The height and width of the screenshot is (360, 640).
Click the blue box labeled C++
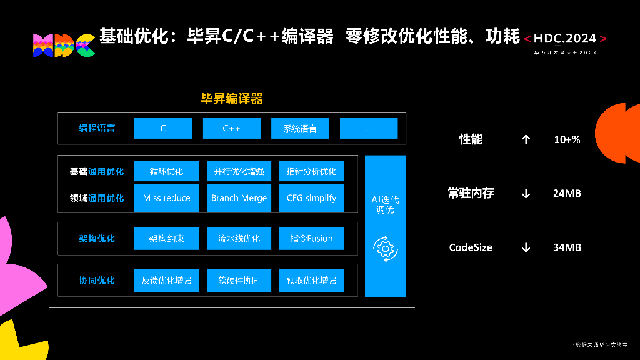pyautogui.click(x=232, y=128)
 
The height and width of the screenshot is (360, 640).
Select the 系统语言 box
pyautogui.click(x=300, y=128)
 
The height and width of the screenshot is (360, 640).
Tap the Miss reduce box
pyautogui.click(x=166, y=198)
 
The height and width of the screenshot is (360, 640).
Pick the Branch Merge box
pyautogui.click(x=239, y=198)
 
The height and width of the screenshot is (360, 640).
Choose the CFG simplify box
pyautogui.click(x=311, y=198)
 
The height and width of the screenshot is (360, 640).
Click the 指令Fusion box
pyautogui.click(x=311, y=238)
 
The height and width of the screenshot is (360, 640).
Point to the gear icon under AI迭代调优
pyautogui.click(x=385, y=249)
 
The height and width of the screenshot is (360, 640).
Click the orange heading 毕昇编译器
pyautogui.click(x=231, y=98)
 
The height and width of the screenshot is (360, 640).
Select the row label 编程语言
pyautogui.click(x=97, y=128)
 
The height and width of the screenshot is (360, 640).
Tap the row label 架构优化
pyautogui.click(x=97, y=238)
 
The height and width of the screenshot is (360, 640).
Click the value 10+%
pyautogui.click(x=567, y=139)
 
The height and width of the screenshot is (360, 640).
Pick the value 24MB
pyautogui.click(x=567, y=193)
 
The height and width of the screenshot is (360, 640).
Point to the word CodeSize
pyautogui.click(x=471, y=247)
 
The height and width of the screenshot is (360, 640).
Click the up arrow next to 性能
pyautogui.click(x=526, y=139)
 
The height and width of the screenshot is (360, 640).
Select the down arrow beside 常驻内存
pyautogui.click(x=526, y=193)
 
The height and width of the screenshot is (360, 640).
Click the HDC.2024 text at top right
pyautogui.click(x=565, y=39)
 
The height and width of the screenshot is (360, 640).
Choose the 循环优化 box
pyautogui.click(x=166, y=171)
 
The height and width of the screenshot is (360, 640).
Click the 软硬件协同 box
pyautogui.click(x=239, y=280)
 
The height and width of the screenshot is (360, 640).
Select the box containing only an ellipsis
pyautogui.click(x=369, y=128)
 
